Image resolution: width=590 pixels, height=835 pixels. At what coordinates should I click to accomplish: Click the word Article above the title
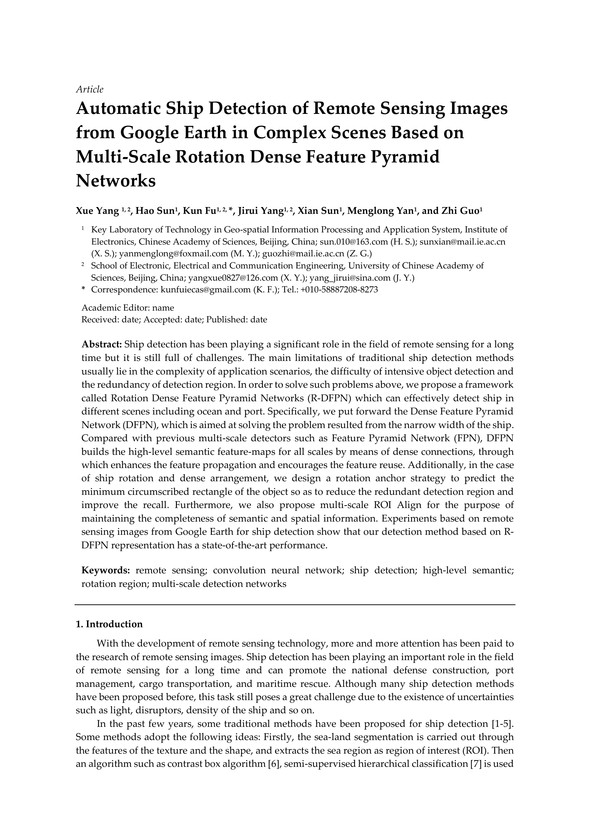[90, 90]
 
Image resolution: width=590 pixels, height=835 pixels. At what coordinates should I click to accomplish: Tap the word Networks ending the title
[116, 180]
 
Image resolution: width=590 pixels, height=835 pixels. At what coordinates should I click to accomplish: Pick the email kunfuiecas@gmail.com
[205, 290]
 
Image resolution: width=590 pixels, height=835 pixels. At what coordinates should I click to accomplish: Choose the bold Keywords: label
[106, 570]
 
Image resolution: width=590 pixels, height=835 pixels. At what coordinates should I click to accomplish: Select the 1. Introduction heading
[110, 624]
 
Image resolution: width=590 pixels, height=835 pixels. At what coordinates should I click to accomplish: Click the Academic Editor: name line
[128, 308]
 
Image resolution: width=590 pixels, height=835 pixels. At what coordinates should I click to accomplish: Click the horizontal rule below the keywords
[295, 605]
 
